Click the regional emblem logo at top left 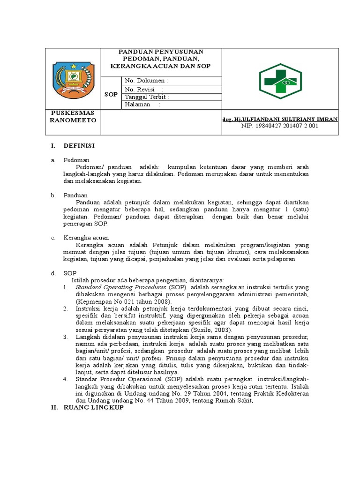coord(72,78)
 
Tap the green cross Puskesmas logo coord(280,81)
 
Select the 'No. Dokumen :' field coord(146,81)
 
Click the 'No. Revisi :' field coord(144,89)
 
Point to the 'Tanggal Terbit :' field coord(147,97)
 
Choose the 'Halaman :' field coord(142,105)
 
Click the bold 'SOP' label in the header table coord(111,94)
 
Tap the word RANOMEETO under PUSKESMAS coord(73,120)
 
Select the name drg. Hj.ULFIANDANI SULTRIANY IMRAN coord(279,120)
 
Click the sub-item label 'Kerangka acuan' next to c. coord(86,238)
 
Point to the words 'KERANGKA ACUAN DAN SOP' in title coord(160,66)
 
